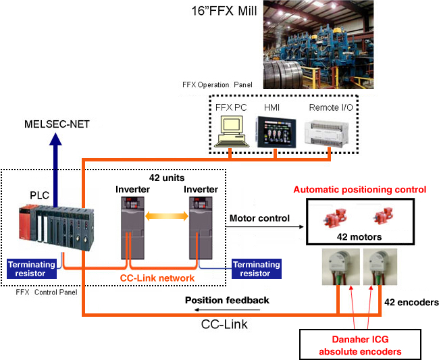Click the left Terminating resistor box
coord(32,268)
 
